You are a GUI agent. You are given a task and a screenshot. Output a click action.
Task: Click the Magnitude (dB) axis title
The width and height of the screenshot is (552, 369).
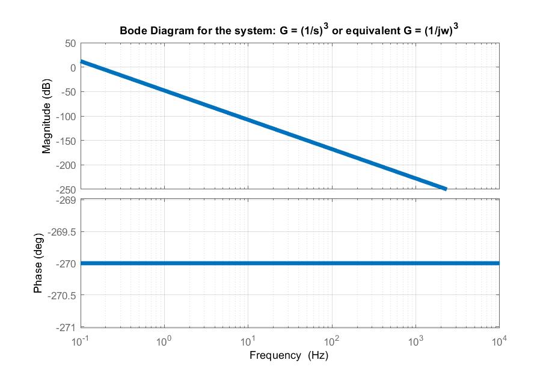coord(46,116)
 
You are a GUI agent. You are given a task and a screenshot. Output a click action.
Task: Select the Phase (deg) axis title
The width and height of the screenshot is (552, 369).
coord(38,263)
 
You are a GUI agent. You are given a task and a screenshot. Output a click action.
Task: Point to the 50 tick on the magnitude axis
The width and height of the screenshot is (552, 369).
coord(70,43)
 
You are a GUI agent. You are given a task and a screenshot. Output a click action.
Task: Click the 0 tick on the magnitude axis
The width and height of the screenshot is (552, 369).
coord(72,68)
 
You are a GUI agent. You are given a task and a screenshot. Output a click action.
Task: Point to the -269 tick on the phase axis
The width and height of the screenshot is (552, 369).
coord(66,200)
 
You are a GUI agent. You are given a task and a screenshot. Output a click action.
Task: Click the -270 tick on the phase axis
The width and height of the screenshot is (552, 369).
coord(66,263)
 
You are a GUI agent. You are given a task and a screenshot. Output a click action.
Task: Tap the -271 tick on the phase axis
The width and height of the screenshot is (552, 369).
coord(66,327)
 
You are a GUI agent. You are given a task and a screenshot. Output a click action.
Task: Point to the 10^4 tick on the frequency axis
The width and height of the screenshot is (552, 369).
coord(499,341)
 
